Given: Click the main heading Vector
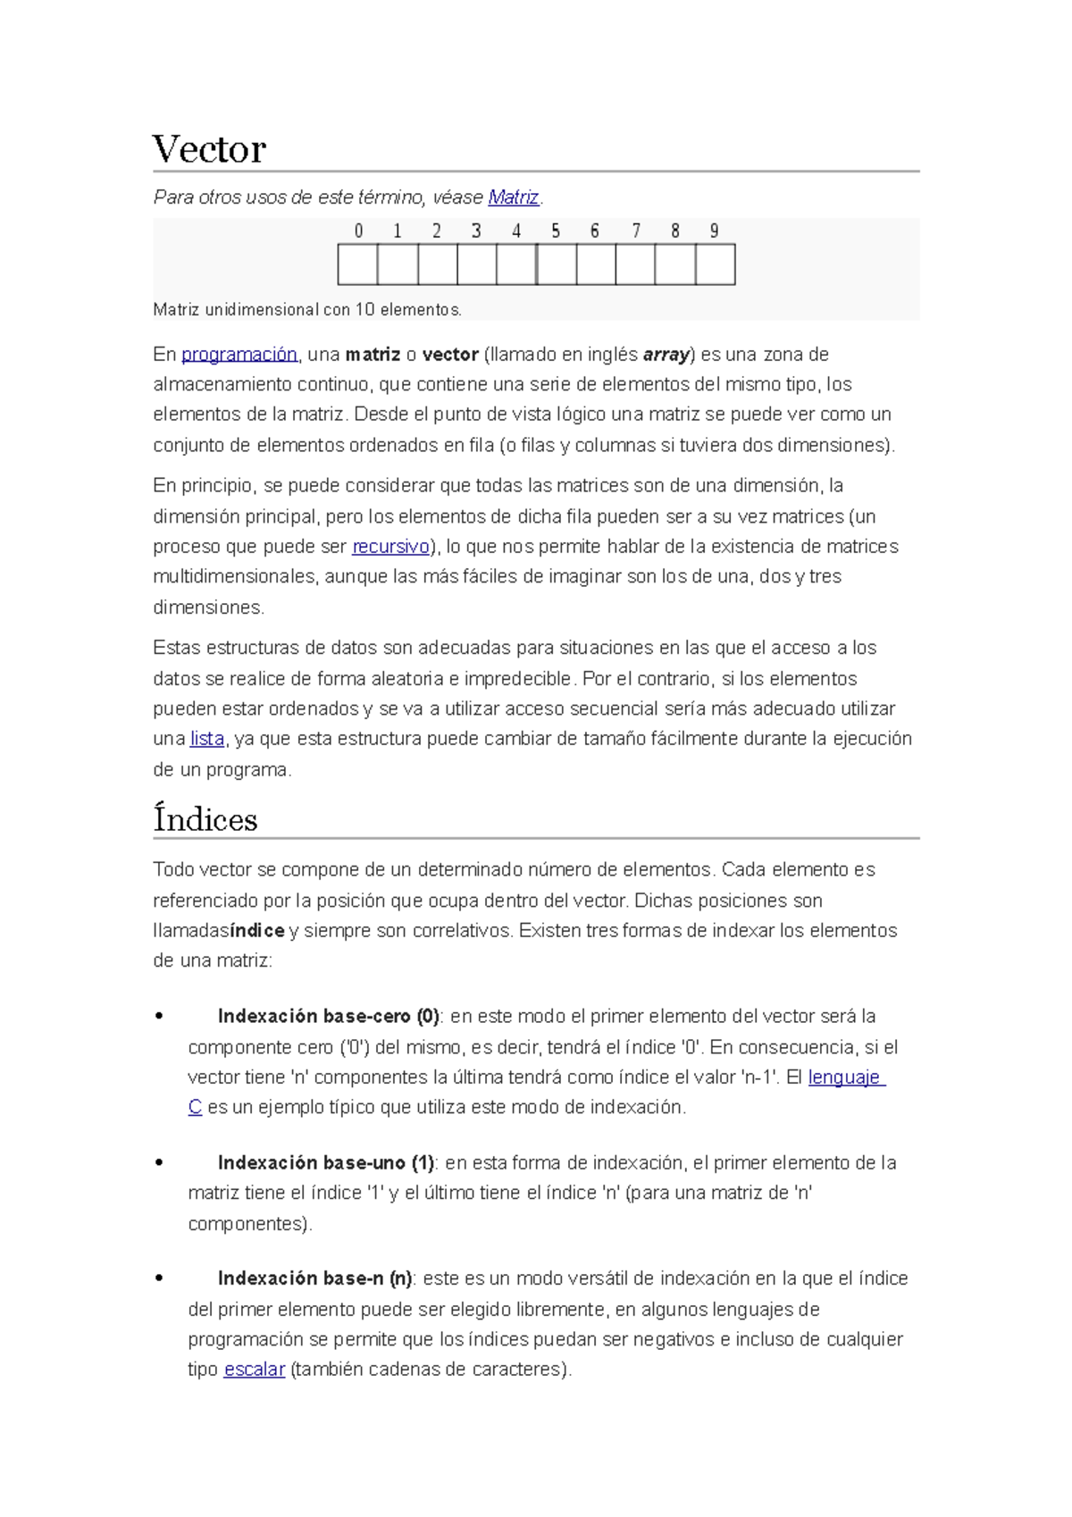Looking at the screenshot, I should pos(209,149).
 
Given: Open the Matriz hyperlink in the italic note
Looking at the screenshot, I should pos(514,197).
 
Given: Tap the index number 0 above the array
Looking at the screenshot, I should pos(358,231).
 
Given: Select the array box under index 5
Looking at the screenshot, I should pos(557,264).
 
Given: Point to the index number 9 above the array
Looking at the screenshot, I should pos(714,231).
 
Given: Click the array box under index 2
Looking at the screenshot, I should pos(437,264).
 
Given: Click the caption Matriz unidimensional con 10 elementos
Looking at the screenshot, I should pos(307,310).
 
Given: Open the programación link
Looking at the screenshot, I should pos(239,355).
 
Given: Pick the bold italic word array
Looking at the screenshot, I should pos(666,355).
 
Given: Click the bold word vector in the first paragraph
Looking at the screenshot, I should pos(450,355).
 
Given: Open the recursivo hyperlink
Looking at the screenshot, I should pos(390,547).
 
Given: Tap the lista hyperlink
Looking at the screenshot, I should pos(206,739).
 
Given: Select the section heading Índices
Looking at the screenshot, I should pos(205,819).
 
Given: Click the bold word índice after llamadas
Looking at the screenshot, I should pos(257,931).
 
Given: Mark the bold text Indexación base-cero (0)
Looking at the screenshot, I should pos(328,1017).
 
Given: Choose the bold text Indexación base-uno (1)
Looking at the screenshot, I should pos(325,1163).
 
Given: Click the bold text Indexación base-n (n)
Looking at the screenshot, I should pos(314,1278).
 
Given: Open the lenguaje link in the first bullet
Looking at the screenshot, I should pos(844,1077).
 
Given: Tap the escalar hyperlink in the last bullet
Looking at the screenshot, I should pos(254,1370).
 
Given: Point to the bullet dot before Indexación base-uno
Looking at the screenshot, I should pos(159,1163).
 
